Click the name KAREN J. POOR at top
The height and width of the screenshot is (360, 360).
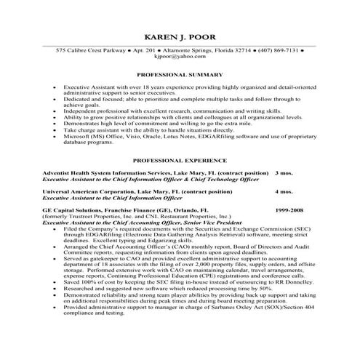click(180, 37)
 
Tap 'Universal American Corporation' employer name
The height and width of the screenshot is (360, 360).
click(88, 192)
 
